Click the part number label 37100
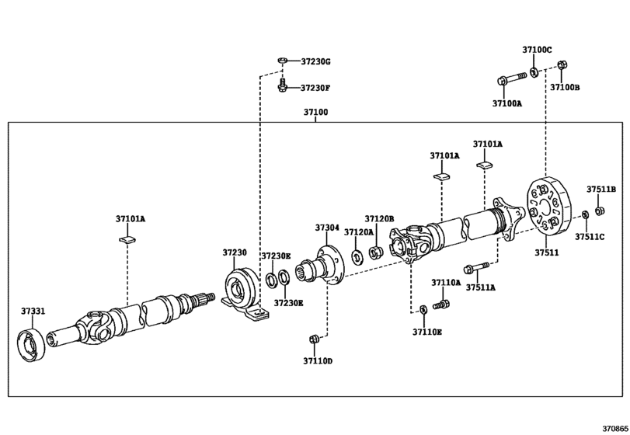click(315, 113)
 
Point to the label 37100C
click(537, 50)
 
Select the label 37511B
click(600, 189)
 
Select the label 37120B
click(380, 220)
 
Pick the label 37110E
click(426, 332)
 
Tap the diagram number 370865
click(613, 427)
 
